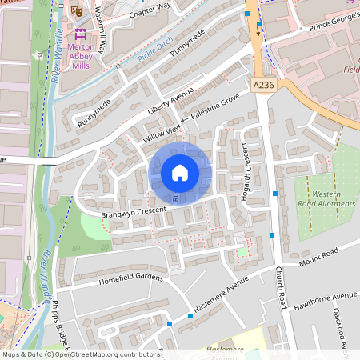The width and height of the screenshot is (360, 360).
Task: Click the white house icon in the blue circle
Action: point(180,172)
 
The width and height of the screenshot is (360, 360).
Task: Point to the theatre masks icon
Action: point(78,10)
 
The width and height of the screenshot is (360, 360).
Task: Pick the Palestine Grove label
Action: point(215,106)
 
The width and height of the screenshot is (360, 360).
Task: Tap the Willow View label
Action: point(162,133)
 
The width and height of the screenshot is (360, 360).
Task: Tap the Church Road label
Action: point(282,288)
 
